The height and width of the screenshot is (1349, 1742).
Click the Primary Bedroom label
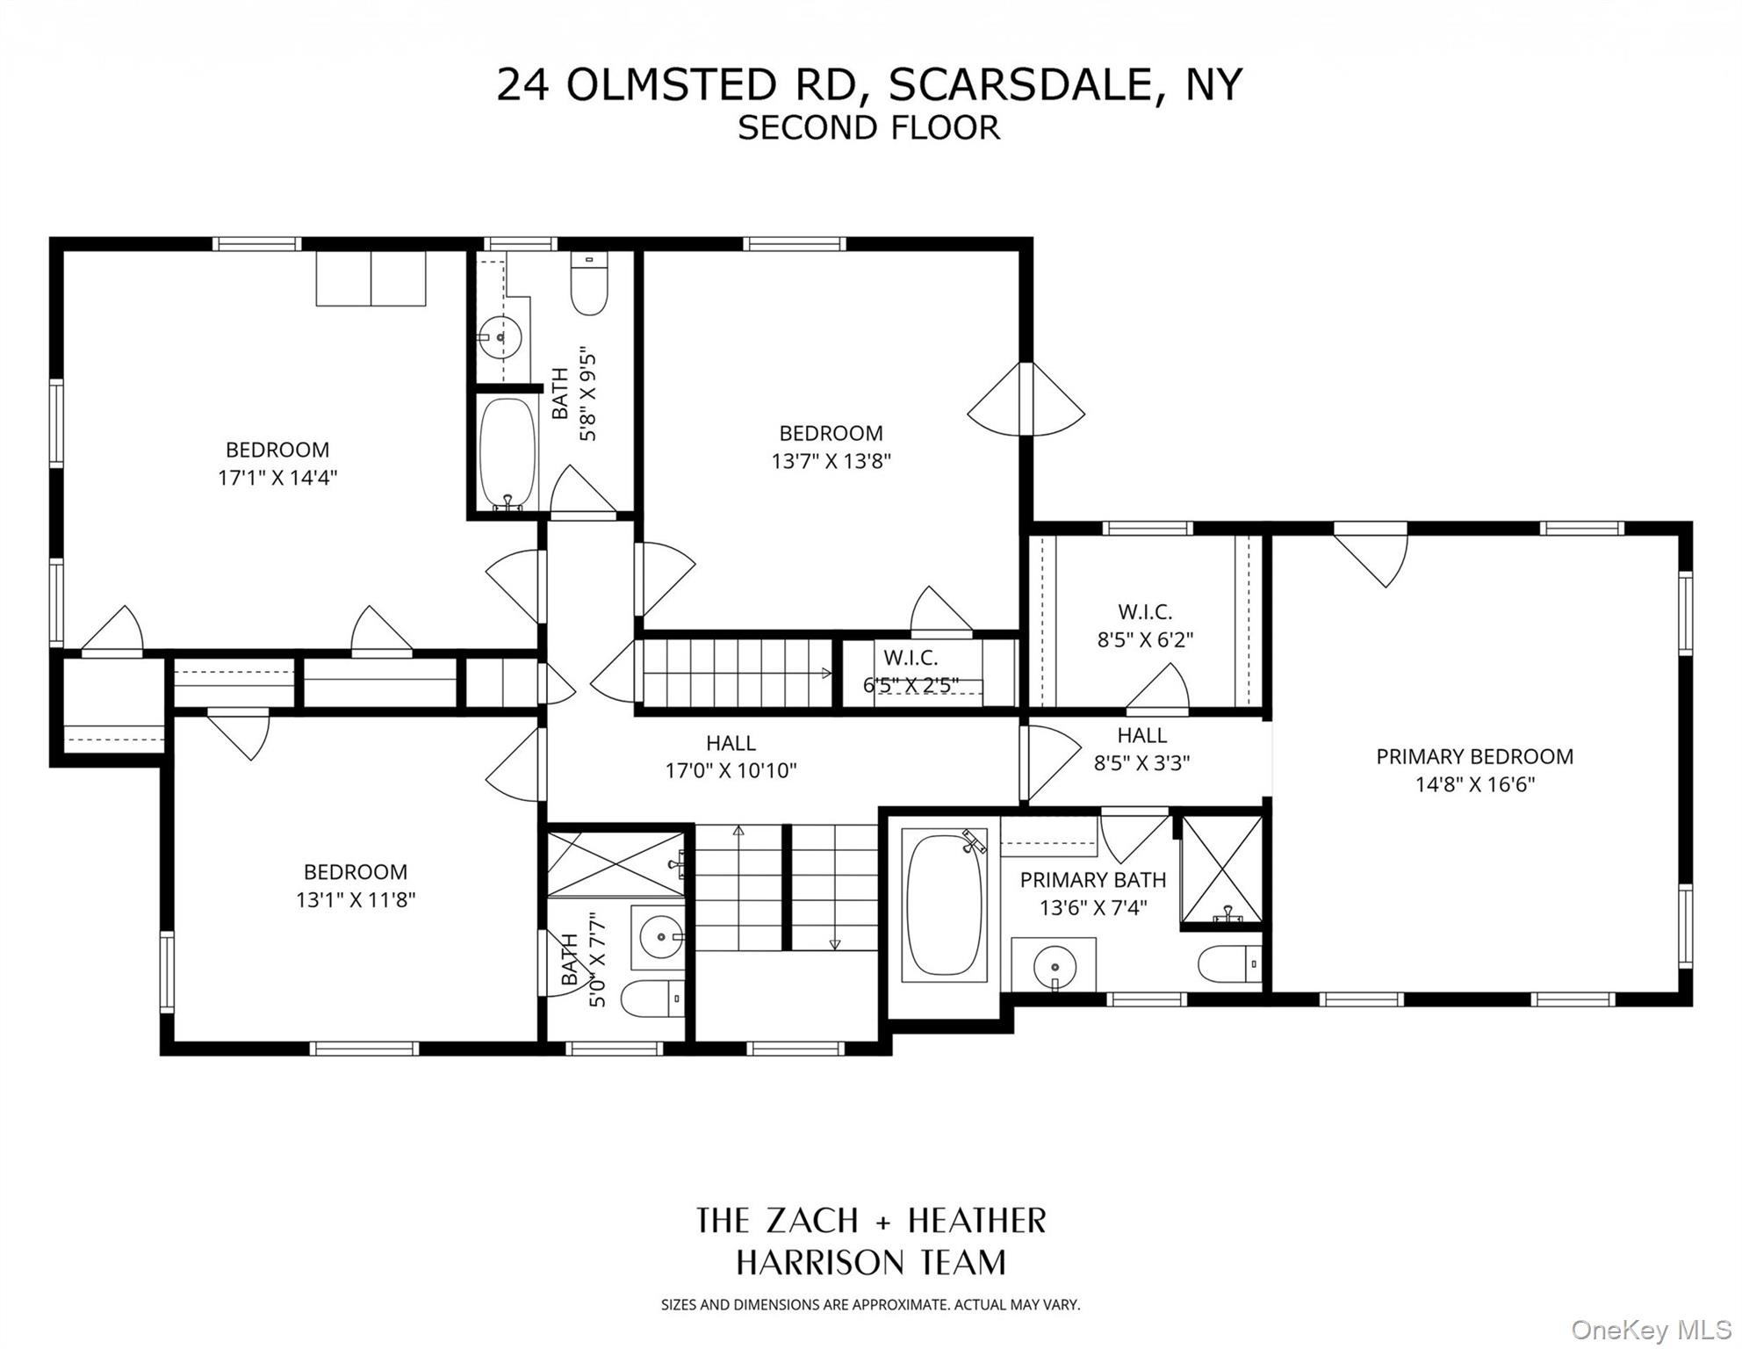1474,756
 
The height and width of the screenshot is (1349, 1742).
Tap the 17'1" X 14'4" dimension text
277,478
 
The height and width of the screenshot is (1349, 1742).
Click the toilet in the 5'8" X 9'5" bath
589,284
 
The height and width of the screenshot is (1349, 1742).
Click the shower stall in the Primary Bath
1221,869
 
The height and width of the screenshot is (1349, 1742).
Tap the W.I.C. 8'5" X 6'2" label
1145,625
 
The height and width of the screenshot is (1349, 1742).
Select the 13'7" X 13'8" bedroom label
831,447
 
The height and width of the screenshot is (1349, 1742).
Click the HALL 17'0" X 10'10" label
731,756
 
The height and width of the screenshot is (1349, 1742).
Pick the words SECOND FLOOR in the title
868,128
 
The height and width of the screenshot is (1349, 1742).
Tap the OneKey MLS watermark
1651,1330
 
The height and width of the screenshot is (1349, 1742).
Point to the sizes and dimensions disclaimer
870,1305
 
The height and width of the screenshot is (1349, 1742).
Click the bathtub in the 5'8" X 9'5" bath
507,453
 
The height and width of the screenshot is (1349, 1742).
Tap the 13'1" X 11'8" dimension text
355,899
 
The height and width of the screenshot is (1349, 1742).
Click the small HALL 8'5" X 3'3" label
1141,748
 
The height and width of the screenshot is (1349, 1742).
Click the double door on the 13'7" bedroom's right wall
1026,411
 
